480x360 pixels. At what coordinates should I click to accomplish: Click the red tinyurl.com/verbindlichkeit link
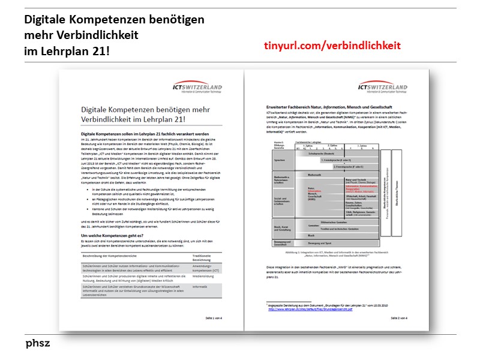click(332, 46)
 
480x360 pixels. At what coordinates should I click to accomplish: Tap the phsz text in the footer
click(38, 344)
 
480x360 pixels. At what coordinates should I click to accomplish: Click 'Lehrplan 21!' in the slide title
click(67, 51)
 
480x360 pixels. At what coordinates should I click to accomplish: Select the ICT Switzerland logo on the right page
click(382, 88)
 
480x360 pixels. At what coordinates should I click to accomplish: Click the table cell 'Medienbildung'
click(203, 277)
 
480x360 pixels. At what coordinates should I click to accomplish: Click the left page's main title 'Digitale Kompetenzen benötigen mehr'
click(148, 111)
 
